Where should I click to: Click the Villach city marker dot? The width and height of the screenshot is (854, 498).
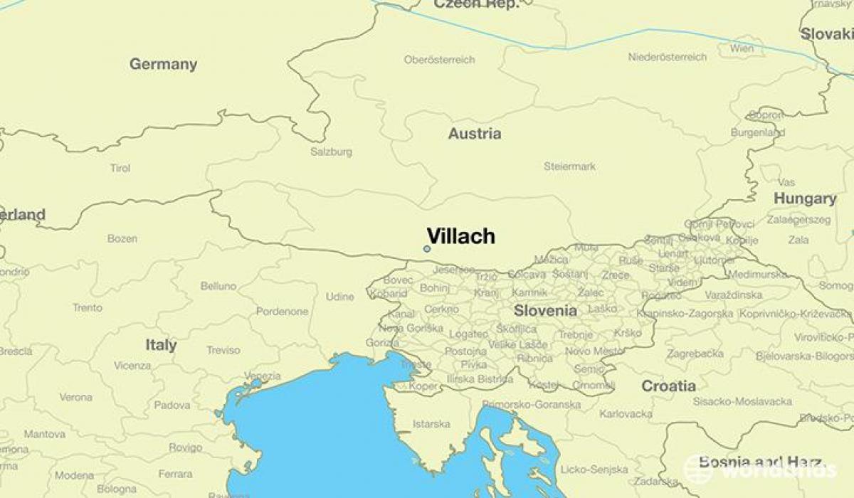(x=426, y=249)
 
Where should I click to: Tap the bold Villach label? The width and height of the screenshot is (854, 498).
(x=461, y=237)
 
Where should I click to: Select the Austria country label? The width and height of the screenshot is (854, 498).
(x=474, y=134)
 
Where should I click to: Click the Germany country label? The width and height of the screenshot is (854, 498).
(x=163, y=64)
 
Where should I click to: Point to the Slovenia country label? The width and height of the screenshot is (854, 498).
(x=545, y=311)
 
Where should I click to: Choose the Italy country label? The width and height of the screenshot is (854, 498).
(x=161, y=345)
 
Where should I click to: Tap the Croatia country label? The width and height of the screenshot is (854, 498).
(x=668, y=386)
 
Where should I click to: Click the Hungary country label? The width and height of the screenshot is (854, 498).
(x=805, y=198)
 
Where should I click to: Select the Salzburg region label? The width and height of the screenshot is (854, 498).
(x=331, y=152)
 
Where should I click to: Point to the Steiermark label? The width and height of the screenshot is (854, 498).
(x=569, y=166)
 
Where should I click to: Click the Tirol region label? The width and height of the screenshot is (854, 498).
(x=120, y=169)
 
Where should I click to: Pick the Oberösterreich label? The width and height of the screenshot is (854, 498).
(x=439, y=60)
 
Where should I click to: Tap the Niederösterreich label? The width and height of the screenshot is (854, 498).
(x=668, y=57)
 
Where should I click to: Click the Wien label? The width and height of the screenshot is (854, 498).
(x=742, y=49)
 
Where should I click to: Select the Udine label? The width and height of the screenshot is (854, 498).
(x=339, y=297)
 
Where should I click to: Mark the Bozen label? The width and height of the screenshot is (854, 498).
(x=122, y=238)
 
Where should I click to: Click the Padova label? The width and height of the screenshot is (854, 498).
(x=172, y=406)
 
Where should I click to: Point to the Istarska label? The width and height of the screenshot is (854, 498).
(x=431, y=424)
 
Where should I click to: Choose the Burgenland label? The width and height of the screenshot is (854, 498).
(x=758, y=132)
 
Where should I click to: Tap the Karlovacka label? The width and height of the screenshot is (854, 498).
(x=626, y=413)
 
